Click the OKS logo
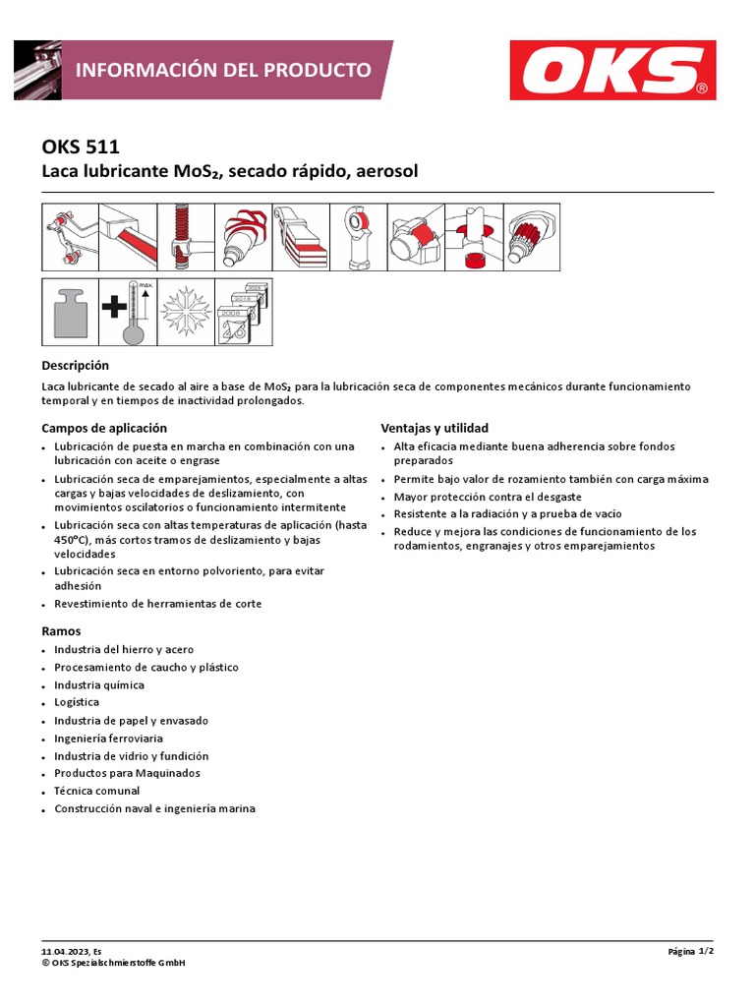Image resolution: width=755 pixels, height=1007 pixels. point(613,71)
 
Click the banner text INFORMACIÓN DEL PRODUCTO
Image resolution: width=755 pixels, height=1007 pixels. point(223,70)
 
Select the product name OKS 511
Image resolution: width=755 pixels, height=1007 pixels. point(81,148)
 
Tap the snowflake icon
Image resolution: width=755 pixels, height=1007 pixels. point(185,312)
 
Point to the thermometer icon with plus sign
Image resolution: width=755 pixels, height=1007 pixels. point(128,312)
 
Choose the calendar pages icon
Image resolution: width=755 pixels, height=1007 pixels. point(243,312)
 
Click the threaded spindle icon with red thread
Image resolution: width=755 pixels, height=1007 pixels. point(184,237)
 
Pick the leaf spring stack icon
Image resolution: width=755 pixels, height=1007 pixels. point(300,237)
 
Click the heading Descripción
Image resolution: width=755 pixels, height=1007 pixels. point(76,365)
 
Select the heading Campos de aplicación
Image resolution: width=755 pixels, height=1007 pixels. point(104,428)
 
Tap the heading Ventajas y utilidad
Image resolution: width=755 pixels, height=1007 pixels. point(435,428)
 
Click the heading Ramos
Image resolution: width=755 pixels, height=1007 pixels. point(61,630)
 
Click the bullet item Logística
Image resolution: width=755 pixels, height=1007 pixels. point(77,702)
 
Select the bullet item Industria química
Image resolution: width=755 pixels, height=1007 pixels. point(98,684)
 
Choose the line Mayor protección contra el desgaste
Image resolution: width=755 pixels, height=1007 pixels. point(488,497)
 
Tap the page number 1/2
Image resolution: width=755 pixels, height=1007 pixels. point(705,952)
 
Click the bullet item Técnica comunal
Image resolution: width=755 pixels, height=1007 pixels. point(96,791)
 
